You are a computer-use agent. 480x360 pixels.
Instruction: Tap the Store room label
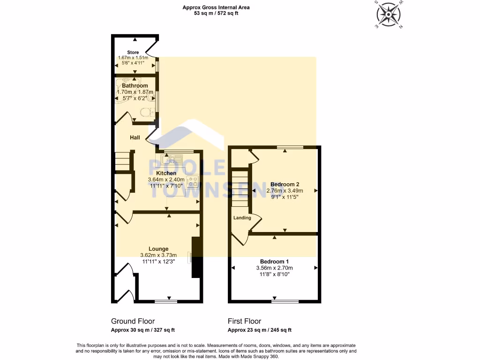coord(133,52)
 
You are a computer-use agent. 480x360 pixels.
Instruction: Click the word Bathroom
coord(135,86)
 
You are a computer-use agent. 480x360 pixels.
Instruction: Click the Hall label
coord(135,137)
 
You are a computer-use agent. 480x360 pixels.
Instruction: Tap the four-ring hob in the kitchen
coord(193,181)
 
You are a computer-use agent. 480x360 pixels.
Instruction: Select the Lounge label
coord(158,249)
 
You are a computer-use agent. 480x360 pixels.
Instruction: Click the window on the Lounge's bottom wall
coord(163,301)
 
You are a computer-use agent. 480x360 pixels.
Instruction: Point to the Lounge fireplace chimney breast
coord(197,258)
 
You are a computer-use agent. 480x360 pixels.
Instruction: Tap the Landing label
coord(242,217)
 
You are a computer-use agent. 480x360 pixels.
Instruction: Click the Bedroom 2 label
coord(285,184)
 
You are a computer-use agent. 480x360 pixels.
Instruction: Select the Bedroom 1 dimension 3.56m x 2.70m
coord(274,268)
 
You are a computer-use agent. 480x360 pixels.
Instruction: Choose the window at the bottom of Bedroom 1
coord(285,301)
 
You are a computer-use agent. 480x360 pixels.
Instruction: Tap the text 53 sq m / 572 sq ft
coord(216,14)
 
